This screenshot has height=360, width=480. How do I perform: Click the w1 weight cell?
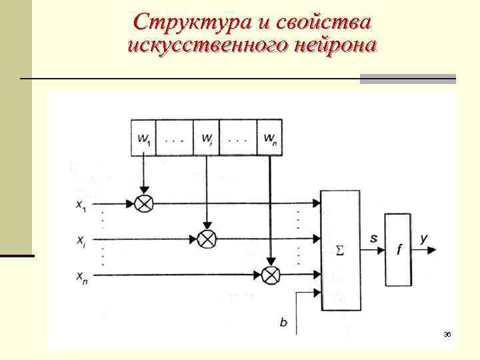tap(144, 138)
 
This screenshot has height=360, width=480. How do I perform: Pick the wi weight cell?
tap(207, 138)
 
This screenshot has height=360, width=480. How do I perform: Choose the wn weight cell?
tap(269, 138)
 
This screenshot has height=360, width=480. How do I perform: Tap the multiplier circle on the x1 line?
tap(143, 203)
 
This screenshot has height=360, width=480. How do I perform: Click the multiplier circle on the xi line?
tap(207, 237)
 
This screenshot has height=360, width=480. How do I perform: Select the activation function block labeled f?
tap(398, 250)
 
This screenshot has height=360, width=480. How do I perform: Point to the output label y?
tap(424, 238)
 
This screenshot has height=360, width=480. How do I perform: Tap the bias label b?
tap(283, 323)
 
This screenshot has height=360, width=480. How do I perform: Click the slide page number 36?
tap(447, 333)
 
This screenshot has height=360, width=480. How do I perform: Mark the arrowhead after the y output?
tap(433, 250)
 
